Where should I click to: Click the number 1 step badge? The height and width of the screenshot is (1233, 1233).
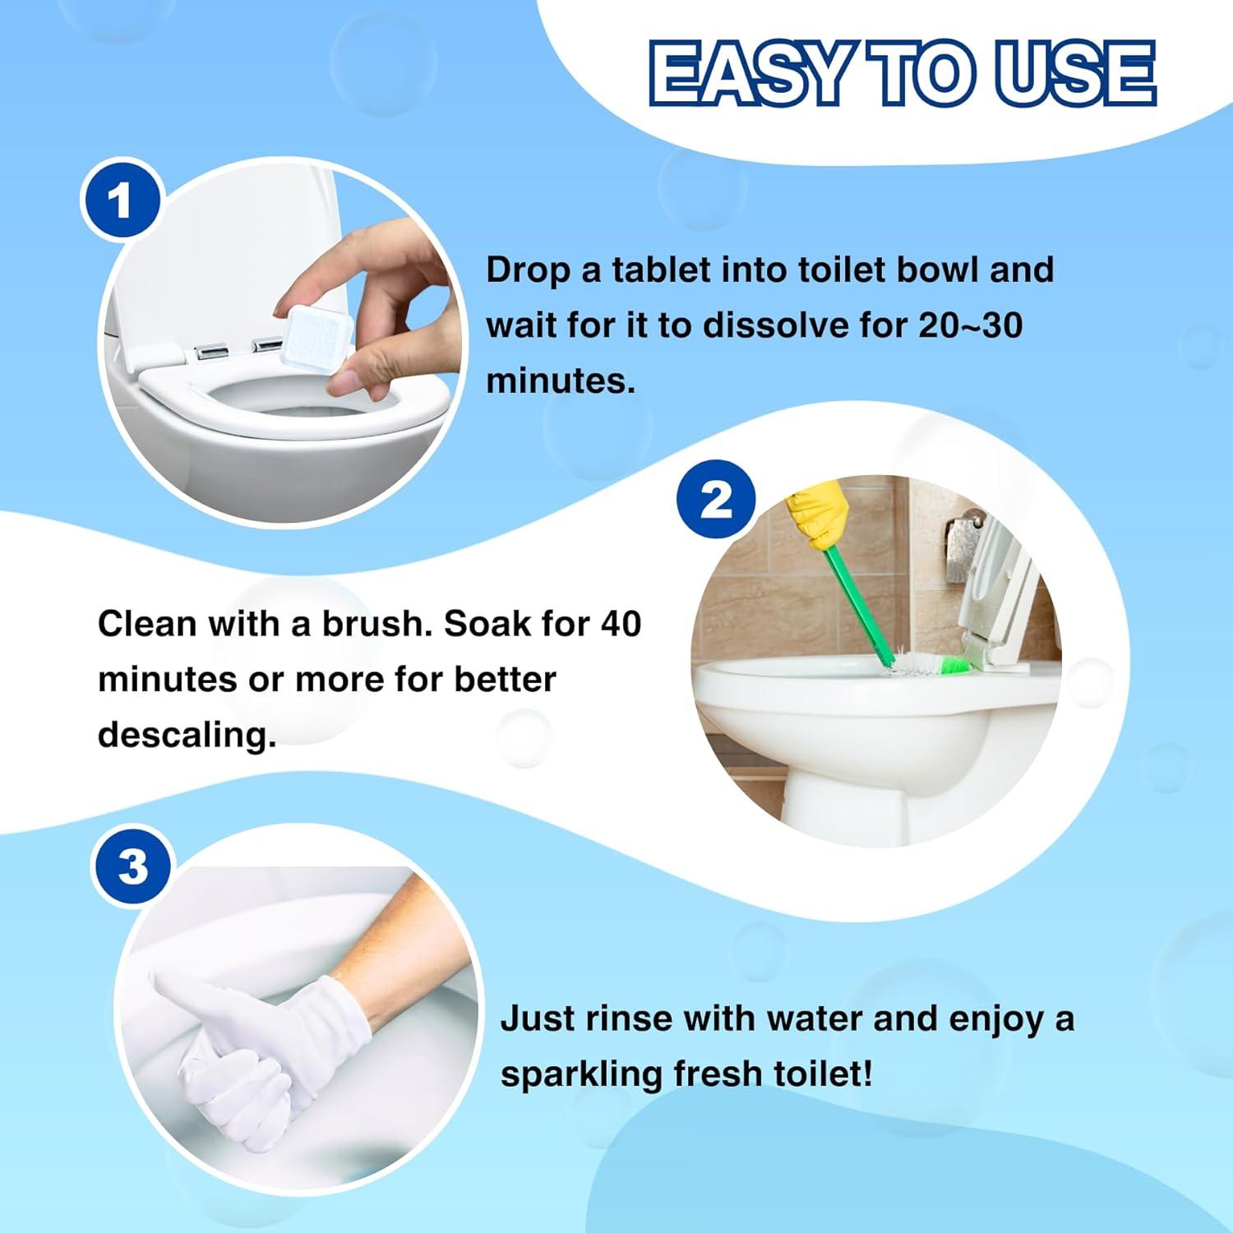point(120,201)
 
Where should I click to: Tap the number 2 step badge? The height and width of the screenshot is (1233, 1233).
point(716,499)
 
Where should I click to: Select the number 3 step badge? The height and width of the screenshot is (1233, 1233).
point(132,866)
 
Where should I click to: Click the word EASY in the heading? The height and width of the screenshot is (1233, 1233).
point(750,74)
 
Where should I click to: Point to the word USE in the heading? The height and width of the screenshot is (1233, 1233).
point(1075,74)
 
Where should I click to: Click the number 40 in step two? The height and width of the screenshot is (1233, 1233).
point(620,624)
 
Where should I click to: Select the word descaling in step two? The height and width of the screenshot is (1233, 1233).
point(187,735)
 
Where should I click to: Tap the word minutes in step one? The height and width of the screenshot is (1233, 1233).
point(561,381)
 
